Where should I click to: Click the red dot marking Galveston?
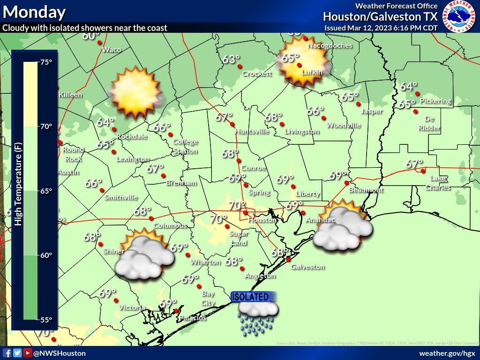289,259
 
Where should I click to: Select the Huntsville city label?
252,131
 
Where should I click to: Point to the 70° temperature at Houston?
237,205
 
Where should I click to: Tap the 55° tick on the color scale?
46,320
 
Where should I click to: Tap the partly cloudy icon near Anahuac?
343,225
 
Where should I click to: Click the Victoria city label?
130,308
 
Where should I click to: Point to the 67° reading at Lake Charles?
414,164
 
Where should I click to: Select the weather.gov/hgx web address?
447,353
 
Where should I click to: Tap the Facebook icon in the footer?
7,353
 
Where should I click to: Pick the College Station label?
185,146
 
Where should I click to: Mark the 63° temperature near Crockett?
231,60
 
